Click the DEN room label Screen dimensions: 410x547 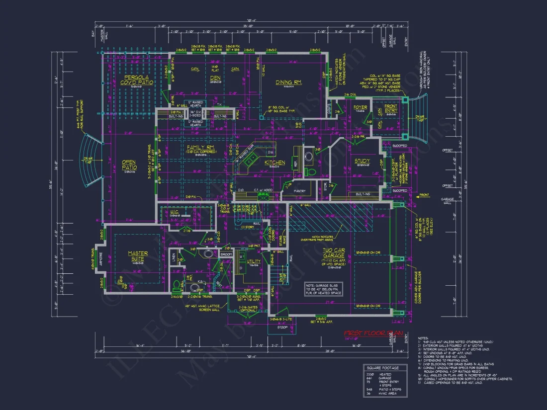click(x=216, y=78)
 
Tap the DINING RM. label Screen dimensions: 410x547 click(x=275, y=82)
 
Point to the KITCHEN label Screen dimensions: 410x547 click(x=274, y=163)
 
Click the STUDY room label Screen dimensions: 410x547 click(x=362, y=161)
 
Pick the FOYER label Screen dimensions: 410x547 click(x=361, y=107)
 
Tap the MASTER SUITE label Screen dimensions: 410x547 click(x=138, y=256)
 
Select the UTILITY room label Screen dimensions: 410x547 click(x=254, y=261)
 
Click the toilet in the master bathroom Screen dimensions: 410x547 click(x=177, y=286)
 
